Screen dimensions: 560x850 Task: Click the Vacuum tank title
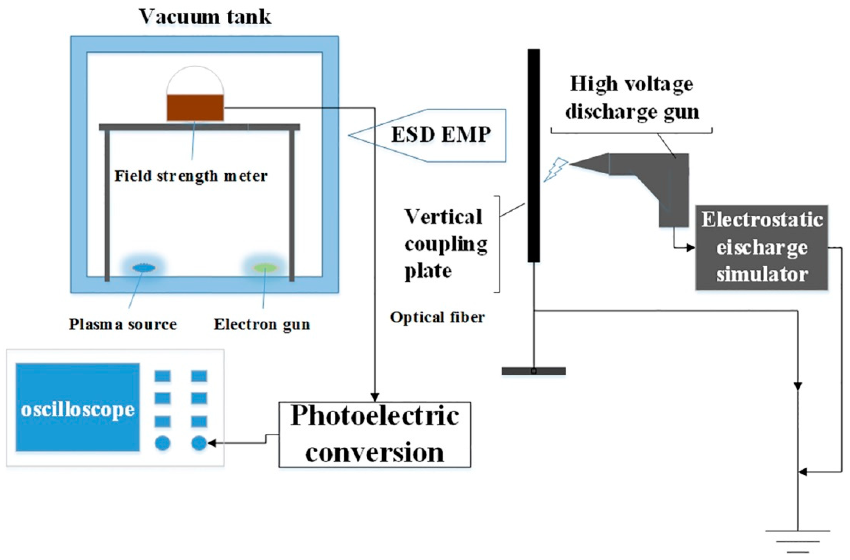pos(205,17)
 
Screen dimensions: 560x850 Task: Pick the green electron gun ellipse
pos(265,267)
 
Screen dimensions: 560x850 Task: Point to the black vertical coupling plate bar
pos(534,156)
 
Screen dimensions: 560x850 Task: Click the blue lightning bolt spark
pos(556,169)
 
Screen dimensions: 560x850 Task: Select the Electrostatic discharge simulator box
pos(762,247)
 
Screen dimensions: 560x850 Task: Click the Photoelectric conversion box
pos(375,434)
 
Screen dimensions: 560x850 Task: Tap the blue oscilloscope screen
pos(77,408)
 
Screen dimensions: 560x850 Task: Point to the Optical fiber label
pos(437,317)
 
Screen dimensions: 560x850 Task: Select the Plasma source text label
pos(123,324)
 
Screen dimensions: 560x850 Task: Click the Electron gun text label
pos(261,324)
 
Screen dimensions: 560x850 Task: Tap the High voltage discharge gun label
pos(631,97)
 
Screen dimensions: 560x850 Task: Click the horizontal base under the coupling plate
pos(533,371)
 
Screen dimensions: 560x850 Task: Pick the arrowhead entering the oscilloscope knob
pos(211,444)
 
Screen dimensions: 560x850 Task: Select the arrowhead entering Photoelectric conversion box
pos(375,397)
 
